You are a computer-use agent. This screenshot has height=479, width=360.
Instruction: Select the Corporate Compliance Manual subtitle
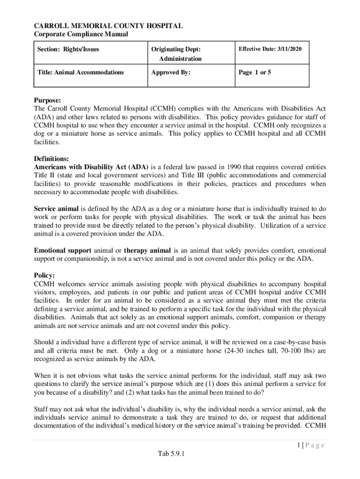pos(81,35)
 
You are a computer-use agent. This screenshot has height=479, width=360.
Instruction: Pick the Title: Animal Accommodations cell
pos(80,73)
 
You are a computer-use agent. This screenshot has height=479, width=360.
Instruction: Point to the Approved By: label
pos(171,73)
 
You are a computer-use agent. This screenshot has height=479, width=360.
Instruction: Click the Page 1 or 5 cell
pos(255,73)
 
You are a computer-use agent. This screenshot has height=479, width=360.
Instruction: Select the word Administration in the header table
pos(180,58)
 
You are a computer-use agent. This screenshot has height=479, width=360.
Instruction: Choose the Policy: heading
pos(44,276)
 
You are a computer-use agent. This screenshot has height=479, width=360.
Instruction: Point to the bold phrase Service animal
pos(56,209)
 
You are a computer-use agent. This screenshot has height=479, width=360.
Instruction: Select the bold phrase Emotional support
pos(62,251)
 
